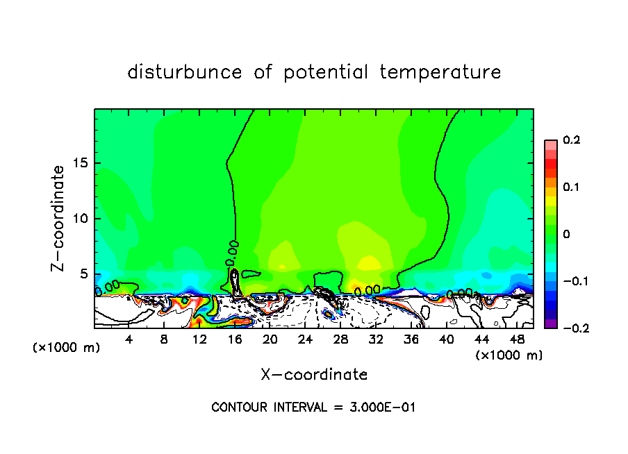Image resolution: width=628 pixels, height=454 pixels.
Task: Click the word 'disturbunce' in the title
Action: click(185, 72)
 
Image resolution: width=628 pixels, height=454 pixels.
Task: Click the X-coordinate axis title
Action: click(314, 375)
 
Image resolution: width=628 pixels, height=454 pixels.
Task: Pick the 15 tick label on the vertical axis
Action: click(81, 164)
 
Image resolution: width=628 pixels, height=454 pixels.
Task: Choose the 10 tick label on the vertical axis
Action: click(81, 219)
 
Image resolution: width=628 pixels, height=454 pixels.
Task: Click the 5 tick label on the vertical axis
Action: click(84, 274)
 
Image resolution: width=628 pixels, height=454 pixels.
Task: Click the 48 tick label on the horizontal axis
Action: click(517, 339)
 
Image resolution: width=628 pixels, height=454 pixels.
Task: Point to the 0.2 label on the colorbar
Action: click(571, 140)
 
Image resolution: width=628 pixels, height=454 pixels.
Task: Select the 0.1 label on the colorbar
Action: click(571, 187)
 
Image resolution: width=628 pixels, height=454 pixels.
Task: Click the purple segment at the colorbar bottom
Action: click(551, 323)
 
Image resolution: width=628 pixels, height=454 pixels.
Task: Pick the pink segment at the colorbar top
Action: click(551, 144)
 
